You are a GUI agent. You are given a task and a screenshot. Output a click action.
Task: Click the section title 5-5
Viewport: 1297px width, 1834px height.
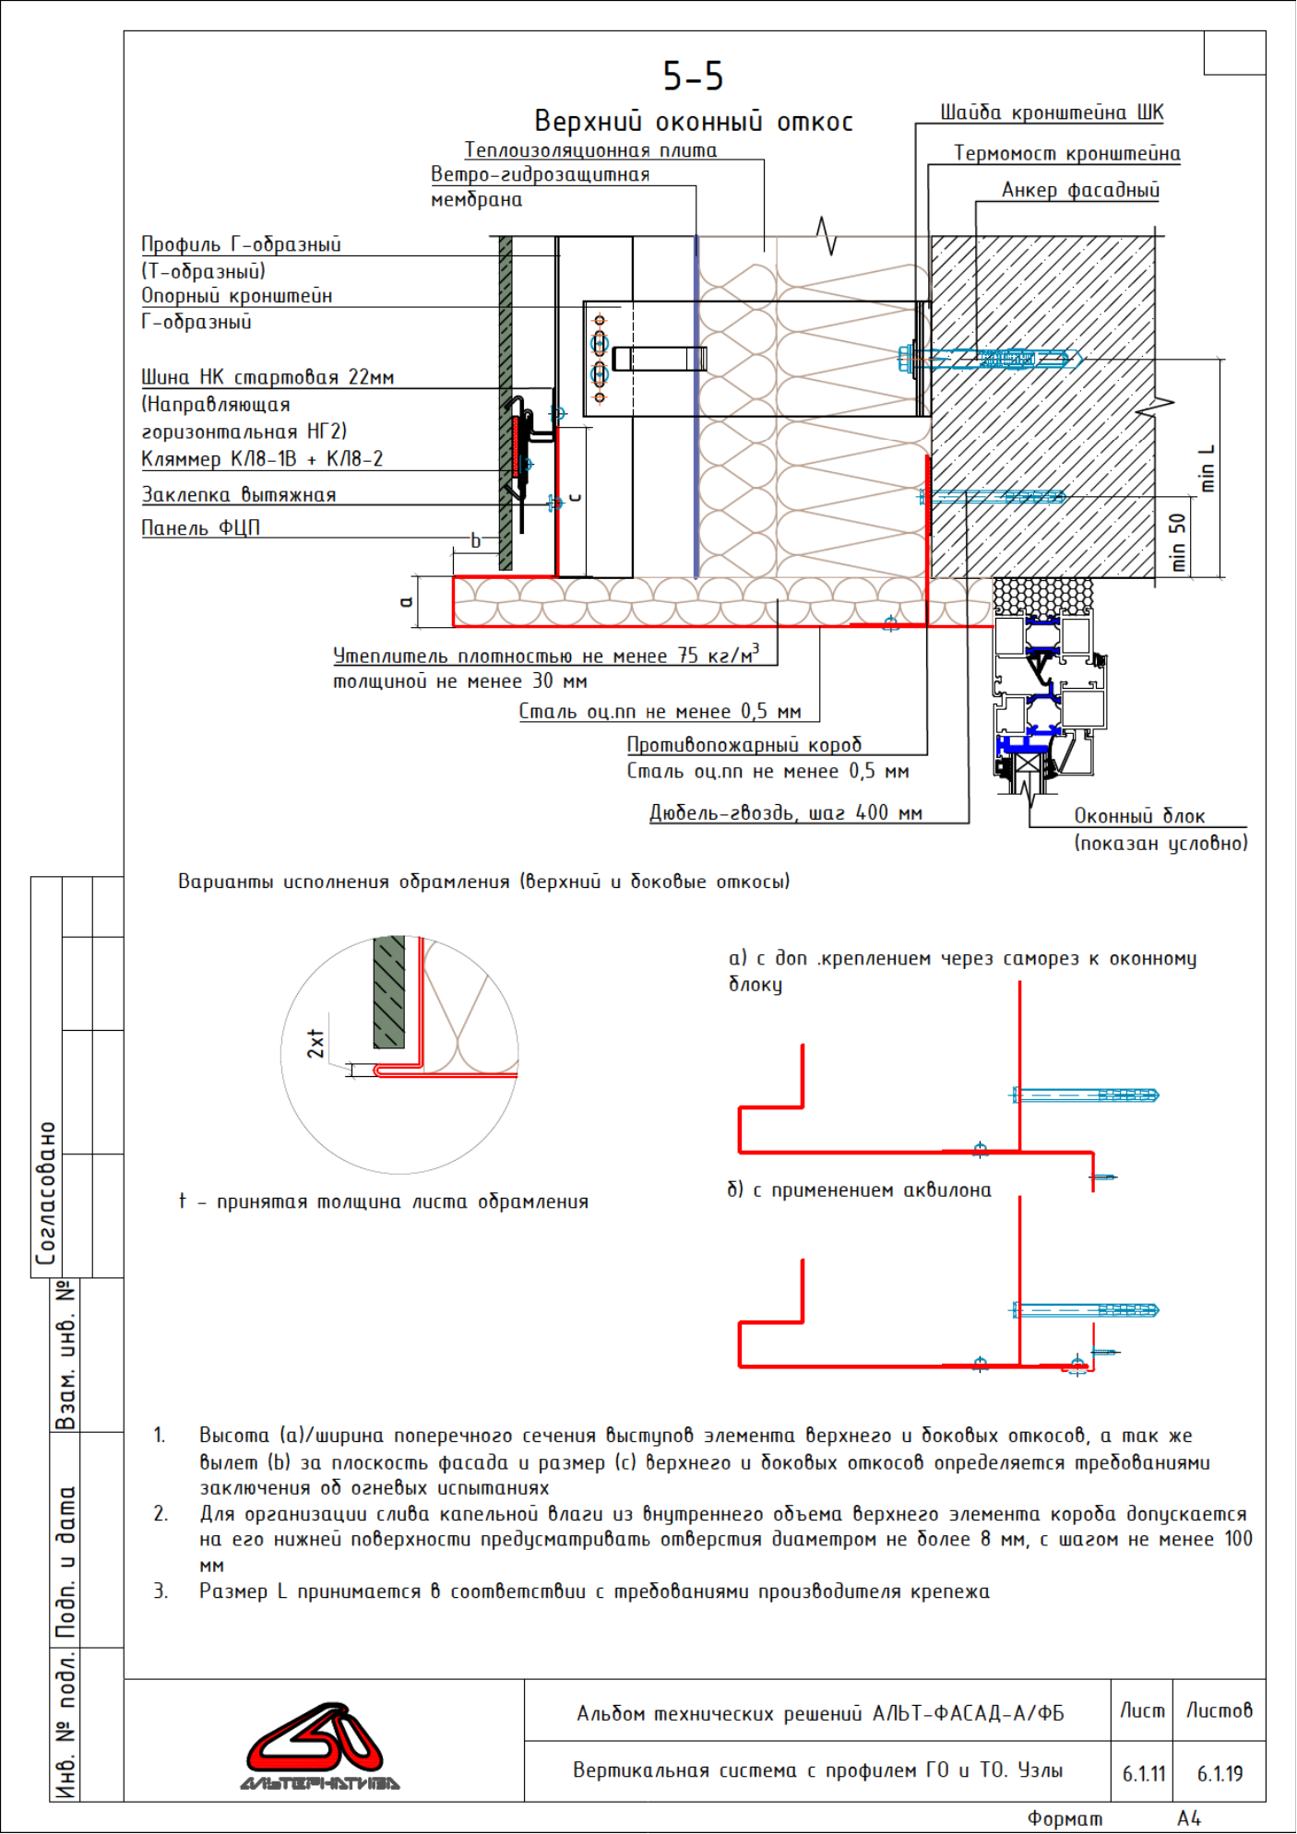tap(693, 76)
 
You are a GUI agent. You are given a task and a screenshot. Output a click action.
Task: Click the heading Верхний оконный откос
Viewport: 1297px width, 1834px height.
tap(694, 122)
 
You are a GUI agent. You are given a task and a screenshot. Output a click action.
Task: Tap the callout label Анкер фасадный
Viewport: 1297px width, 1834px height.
tap(1080, 190)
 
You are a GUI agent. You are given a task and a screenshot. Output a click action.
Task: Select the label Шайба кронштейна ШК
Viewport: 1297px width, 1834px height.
tap(1052, 112)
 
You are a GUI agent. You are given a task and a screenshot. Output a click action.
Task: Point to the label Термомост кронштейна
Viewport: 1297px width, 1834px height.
tap(1066, 153)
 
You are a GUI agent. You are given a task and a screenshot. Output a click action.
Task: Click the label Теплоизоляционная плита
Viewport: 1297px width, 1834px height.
tap(590, 149)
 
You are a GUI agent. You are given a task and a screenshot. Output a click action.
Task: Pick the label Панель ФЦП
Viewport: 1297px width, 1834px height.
tap(200, 527)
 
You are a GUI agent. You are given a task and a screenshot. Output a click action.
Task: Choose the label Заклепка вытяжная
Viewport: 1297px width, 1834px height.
tap(238, 494)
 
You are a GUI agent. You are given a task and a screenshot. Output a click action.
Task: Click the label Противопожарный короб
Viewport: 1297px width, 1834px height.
tap(744, 744)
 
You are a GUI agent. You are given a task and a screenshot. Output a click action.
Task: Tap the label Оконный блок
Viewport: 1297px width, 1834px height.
tap(1139, 816)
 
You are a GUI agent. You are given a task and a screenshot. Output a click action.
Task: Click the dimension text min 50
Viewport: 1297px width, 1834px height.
tap(1177, 542)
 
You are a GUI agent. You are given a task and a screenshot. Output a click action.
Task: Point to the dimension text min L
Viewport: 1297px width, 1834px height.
tap(1208, 468)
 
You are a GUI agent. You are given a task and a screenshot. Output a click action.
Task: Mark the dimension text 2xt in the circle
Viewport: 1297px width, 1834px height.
tap(315, 1043)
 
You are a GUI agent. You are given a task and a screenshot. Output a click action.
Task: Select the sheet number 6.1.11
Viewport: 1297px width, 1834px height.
tap(1144, 1773)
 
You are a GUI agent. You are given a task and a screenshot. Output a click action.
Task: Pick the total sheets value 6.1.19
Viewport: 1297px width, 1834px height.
tap(1220, 1773)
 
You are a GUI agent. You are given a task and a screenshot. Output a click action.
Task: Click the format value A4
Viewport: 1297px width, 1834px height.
tap(1189, 1818)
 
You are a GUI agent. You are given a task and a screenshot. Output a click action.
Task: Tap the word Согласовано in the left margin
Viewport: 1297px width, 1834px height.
tap(46, 1193)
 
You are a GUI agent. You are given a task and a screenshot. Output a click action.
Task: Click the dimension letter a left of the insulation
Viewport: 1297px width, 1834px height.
tap(406, 602)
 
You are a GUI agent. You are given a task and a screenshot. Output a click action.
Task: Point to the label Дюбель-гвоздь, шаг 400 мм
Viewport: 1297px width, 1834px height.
tap(786, 812)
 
